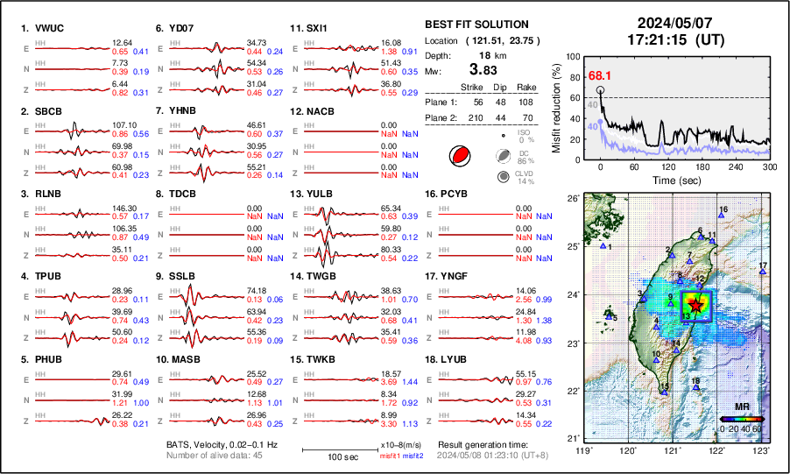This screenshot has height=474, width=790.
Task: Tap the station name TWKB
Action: (x=323, y=359)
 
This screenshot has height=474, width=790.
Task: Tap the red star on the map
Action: (x=695, y=305)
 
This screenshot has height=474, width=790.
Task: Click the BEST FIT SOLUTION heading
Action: (x=476, y=25)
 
